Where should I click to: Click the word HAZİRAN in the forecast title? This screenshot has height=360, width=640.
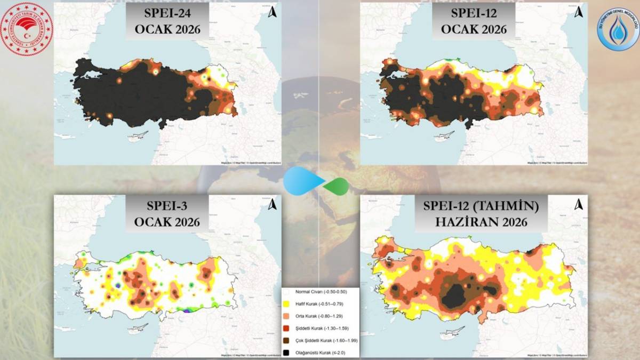(474, 221)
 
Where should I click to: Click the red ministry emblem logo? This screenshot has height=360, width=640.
(27, 29)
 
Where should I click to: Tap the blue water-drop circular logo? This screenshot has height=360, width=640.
(618, 29)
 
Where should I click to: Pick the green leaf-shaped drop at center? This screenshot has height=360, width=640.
(337, 186)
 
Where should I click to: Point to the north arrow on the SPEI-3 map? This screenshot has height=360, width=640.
(272, 204)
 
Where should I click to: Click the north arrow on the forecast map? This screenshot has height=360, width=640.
(578, 204)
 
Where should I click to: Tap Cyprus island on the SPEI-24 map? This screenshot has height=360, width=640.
(138, 138)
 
